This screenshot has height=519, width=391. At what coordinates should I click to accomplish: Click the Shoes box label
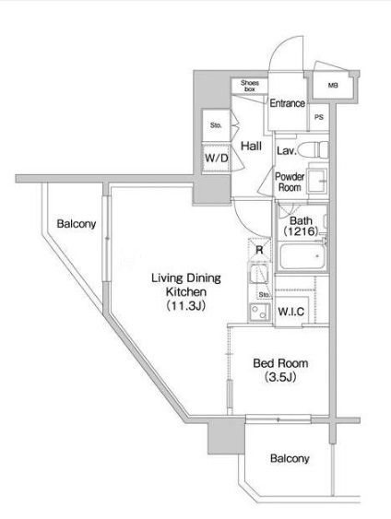pos(250,86)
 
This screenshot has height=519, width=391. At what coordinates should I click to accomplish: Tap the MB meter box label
pos(333,86)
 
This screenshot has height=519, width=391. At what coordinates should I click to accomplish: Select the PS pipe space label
pos(319,117)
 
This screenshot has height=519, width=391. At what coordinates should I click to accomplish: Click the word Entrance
pos(287,103)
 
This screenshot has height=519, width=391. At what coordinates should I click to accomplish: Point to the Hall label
pos(251,146)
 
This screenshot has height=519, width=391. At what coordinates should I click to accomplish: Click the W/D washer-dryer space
pos(216,158)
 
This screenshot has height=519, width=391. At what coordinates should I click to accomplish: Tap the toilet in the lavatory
pos(313,149)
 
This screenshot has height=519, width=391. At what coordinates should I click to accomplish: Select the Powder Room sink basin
pos(317,181)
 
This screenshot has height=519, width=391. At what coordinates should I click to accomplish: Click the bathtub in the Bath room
pos(302,257)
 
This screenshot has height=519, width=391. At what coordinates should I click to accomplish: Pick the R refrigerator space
pos(259,250)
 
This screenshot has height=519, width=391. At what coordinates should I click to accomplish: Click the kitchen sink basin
pos(259,274)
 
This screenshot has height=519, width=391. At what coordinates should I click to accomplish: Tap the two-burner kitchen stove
pos(259,312)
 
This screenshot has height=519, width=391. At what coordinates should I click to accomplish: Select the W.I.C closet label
pos(291,312)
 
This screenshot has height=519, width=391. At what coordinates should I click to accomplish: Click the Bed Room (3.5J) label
pos(280,370)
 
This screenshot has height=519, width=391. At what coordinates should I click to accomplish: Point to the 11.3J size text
pos(185,305)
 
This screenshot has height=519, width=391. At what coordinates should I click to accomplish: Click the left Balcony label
pos(77,224)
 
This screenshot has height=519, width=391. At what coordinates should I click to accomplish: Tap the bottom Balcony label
pos(290,459)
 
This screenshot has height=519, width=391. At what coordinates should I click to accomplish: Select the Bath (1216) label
pos(301,226)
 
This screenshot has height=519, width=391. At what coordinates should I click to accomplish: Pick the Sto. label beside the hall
pos(216,125)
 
